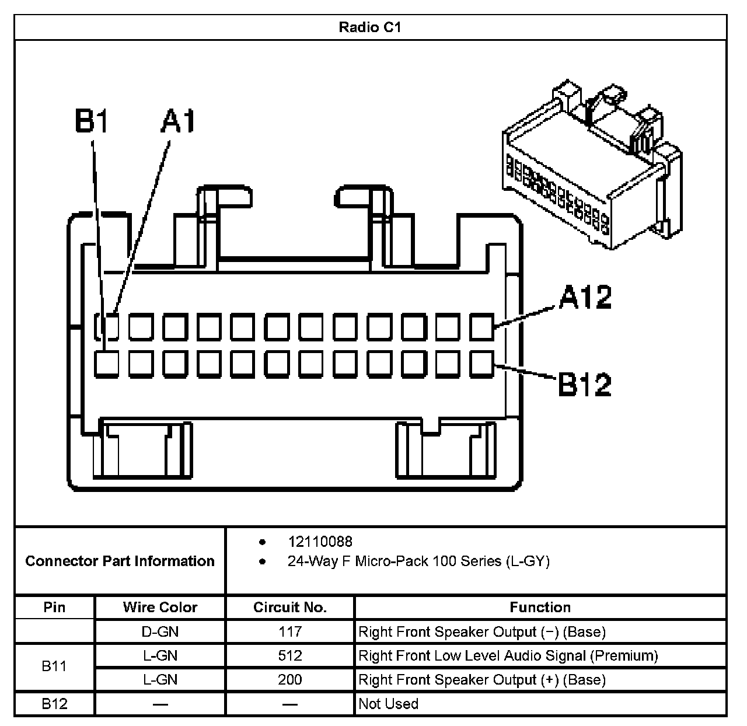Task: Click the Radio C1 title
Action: (370, 27)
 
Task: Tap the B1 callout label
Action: (92, 121)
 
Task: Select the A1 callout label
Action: (179, 121)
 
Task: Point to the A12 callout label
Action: (585, 297)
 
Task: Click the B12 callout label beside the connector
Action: (585, 385)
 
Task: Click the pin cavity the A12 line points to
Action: (482, 327)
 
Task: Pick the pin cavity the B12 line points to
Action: (482, 364)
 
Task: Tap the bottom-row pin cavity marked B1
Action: (107, 364)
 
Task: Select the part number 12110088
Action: (320, 542)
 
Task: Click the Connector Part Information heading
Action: (120, 561)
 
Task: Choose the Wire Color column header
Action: (160, 607)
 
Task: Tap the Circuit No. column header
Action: (289, 607)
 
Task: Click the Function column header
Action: (540, 607)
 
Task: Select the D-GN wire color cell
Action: (160, 631)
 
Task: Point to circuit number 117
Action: (289, 631)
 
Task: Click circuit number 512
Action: (289, 655)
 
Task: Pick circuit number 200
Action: (289, 679)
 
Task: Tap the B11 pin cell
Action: (54, 666)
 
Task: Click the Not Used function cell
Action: (388, 703)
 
